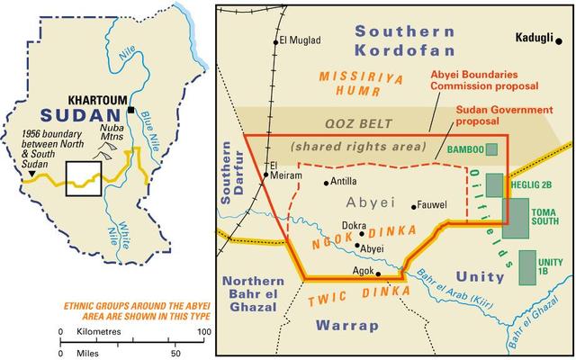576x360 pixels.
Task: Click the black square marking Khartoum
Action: [131, 110]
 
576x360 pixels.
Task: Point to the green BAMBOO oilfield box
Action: [493, 148]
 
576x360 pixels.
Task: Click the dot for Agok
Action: [378, 274]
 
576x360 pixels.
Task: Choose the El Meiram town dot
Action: [266, 175]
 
